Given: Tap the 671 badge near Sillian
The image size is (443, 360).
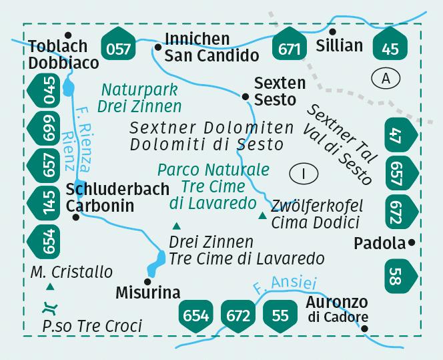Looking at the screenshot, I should coord(290,46).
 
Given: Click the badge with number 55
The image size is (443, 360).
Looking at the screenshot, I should coord(280,314).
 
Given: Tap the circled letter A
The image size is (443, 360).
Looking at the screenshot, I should coord(386,78).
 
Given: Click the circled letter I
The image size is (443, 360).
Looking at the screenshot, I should coord(304,174).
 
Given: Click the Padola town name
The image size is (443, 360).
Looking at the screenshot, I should coord(380,242).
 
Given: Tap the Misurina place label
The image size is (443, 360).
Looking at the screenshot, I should coord(147,293).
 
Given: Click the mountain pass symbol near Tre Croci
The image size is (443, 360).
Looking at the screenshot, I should coord(49,309).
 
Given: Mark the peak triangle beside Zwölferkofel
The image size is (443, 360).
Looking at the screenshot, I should coord(263,216).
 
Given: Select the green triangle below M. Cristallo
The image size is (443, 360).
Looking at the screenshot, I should coord(50,287).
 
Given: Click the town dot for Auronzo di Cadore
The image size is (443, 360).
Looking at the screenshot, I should coord(364,329).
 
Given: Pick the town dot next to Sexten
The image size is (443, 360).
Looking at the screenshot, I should coord(246,98).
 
